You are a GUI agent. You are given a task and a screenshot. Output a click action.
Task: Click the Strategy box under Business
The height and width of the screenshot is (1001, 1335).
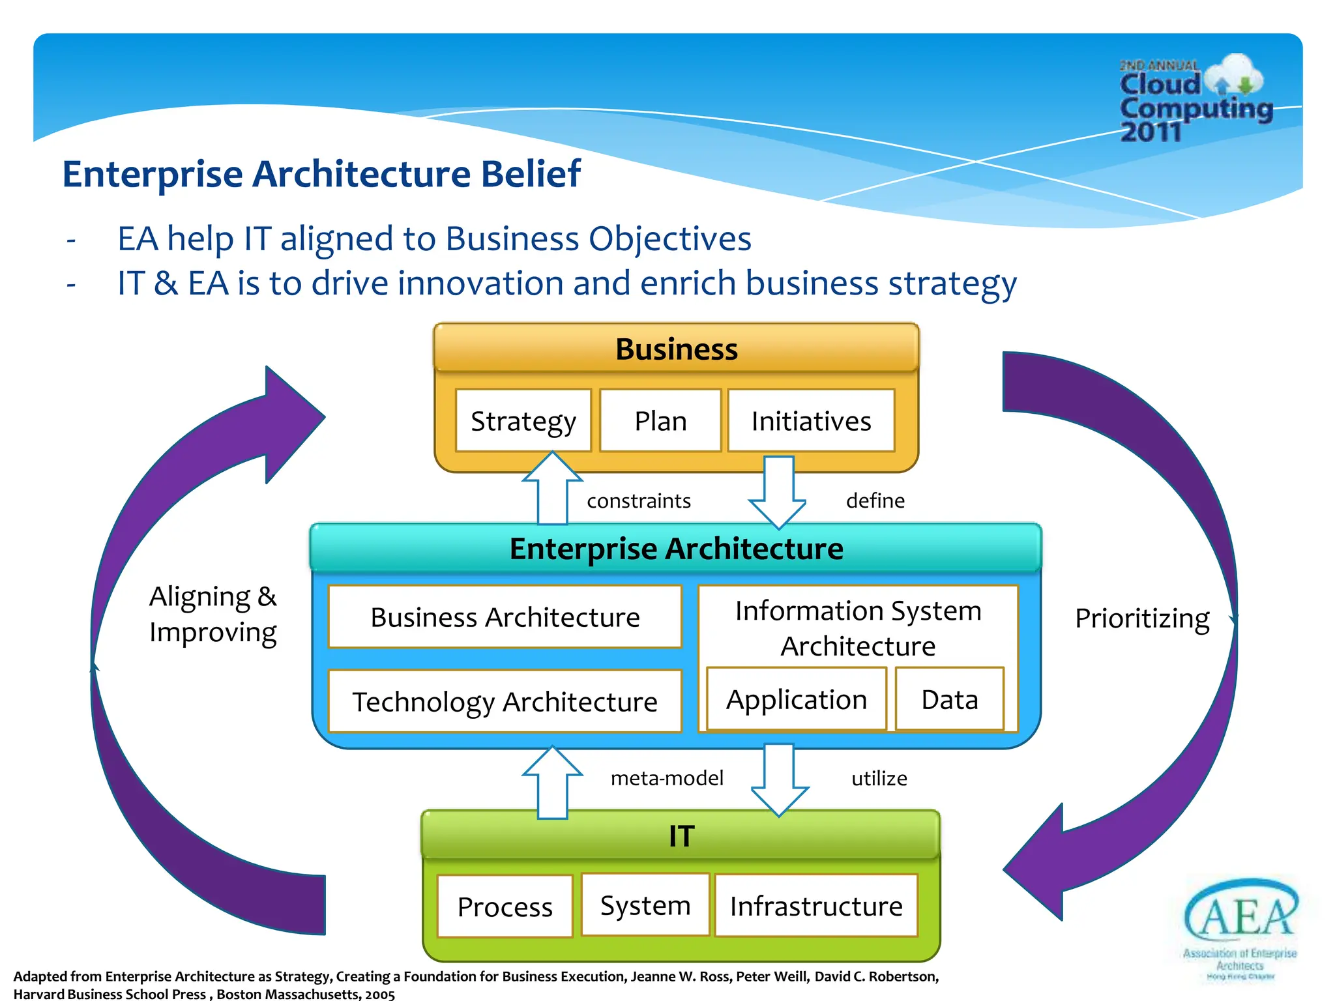(523, 421)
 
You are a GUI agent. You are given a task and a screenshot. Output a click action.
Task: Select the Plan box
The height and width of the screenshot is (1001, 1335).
(660, 421)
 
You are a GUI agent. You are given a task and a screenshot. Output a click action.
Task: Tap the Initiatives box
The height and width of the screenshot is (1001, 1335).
(811, 421)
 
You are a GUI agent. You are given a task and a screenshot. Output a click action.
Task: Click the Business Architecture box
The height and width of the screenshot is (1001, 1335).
(505, 617)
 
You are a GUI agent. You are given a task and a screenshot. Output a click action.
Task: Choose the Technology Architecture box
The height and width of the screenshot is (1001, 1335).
(505, 702)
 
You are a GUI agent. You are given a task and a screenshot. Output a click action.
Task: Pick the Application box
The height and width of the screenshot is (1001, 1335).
(797, 699)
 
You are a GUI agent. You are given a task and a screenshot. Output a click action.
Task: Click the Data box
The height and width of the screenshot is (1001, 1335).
(950, 699)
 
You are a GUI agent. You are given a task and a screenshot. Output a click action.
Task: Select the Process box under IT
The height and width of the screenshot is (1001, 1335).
(505, 907)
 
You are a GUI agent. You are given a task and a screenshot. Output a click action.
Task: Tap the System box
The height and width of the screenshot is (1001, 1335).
(645, 905)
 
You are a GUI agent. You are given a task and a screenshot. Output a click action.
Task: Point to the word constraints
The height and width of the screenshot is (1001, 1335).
(639, 500)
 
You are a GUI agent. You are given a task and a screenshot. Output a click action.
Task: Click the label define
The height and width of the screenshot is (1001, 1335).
(875, 500)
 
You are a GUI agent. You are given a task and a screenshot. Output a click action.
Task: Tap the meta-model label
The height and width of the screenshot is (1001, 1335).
(667, 778)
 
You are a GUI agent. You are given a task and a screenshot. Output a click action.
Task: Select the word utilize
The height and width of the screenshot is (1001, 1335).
(879, 778)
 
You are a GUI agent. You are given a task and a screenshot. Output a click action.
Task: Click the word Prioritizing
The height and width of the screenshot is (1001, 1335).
(1142, 618)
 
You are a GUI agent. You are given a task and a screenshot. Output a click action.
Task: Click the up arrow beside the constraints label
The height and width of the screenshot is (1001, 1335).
(552, 489)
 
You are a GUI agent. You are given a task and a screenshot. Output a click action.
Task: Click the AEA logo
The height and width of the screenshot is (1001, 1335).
(1240, 925)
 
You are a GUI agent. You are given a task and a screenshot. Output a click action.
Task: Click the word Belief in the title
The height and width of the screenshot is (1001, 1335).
(531, 174)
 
